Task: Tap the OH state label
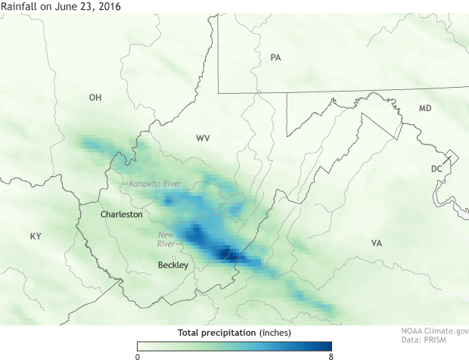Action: point(95,98)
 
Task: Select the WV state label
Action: point(203,138)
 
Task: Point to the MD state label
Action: point(425,109)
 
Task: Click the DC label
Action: point(436,169)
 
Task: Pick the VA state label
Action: point(377,243)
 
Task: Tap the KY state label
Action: point(36,237)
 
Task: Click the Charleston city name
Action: point(121,215)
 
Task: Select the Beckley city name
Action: point(172,265)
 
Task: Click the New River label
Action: point(166,239)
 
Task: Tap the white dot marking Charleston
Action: point(144,209)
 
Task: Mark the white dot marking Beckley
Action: point(173,257)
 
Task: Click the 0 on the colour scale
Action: point(138,356)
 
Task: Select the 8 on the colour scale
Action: point(331,356)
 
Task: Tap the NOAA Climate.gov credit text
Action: point(434,331)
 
